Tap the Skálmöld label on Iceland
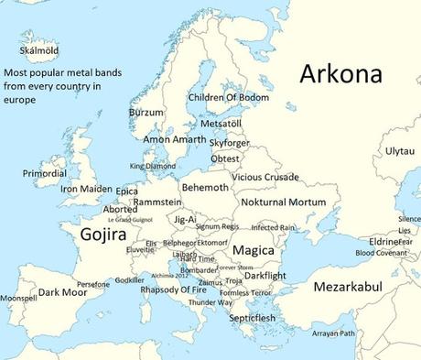tap(33, 50)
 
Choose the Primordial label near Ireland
tap(45, 173)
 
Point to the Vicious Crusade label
tap(264, 176)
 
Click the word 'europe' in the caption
tap(19, 99)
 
